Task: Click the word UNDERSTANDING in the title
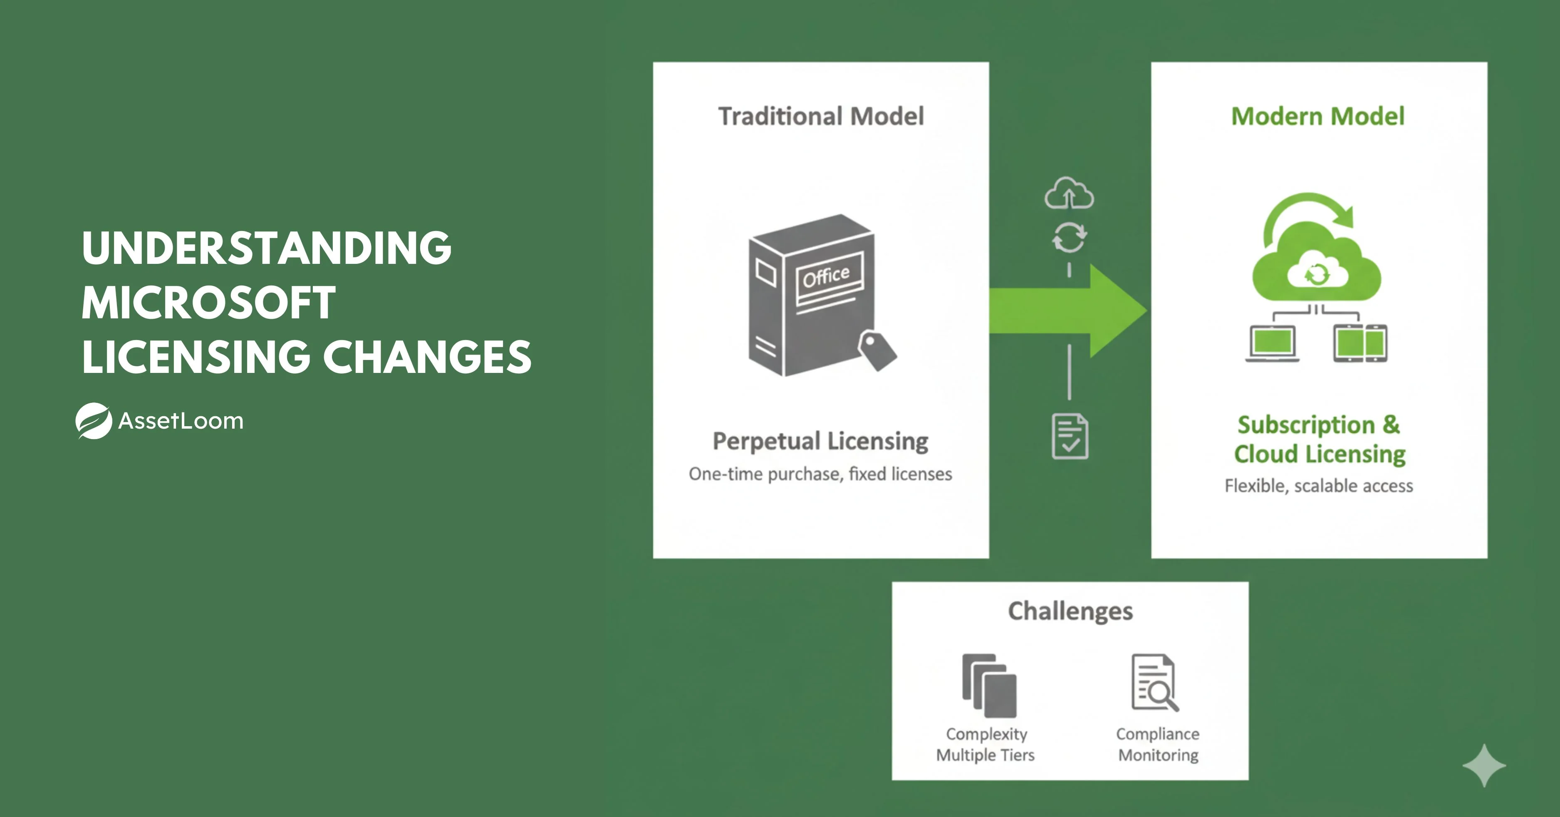point(267,248)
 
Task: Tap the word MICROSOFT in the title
point(208,303)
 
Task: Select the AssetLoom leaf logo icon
point(94,421)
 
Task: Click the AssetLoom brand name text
point(181,421)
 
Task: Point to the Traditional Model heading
point(821,117)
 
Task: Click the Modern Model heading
point(1318,117)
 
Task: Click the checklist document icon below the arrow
point(1070,436)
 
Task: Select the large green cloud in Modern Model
point(1317,270)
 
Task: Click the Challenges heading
point(1070,611)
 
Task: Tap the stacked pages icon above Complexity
point(989,685)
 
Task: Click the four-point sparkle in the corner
point(1484,765)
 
